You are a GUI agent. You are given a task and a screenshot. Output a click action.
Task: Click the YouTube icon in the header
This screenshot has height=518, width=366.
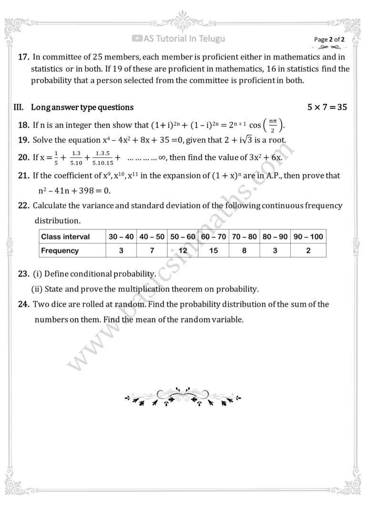(138, 39)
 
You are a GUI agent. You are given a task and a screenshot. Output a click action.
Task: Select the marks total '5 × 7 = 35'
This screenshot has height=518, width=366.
(327, 107)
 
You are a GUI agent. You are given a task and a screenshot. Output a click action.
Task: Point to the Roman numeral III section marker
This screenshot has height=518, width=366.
(19, 107)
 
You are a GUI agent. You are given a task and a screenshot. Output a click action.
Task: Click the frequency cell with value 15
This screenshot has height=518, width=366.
(213, 250)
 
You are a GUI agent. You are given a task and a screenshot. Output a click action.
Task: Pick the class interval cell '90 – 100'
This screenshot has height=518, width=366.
(308, 237)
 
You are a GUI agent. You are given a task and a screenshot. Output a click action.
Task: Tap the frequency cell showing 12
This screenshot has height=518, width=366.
(183, 250)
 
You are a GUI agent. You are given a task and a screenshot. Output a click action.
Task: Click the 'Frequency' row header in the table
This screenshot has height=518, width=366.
(60, 250)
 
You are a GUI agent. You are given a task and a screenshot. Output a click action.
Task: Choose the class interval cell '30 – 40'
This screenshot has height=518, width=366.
(122, 237)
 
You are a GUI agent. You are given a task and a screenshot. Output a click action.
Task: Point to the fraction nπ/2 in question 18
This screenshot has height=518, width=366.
(273, 126)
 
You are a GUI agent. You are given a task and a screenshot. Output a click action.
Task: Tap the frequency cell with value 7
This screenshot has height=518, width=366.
(152, 250)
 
